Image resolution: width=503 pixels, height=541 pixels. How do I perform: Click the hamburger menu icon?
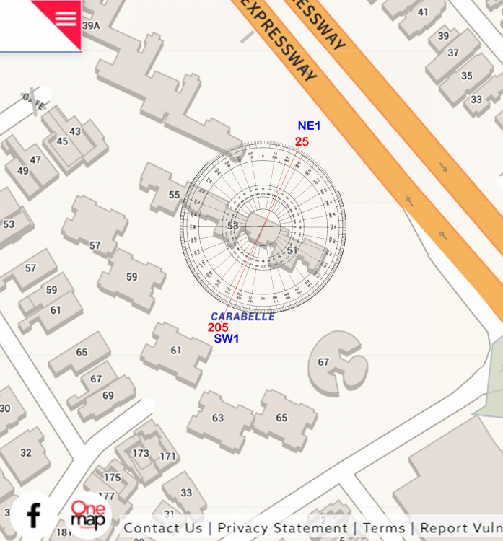point(65,18)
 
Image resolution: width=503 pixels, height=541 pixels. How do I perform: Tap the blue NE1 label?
point(309,126)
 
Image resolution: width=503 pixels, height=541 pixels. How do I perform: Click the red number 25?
point(302,142)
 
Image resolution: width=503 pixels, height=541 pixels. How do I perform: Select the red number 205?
point(218,327)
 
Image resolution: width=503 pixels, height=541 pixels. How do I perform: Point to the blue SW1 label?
point(227,339)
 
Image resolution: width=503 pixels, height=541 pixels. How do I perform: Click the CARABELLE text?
point(242,316)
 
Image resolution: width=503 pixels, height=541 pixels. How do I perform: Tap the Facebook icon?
point(33,515)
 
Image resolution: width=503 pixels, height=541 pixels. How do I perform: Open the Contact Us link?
point(162,528)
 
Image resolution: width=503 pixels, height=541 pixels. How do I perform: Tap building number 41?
point(422,12)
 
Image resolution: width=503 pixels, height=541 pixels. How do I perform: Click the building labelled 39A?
point(91,25)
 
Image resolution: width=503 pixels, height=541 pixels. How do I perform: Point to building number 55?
point(174,195)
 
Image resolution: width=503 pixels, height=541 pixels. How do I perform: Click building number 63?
point(218,418)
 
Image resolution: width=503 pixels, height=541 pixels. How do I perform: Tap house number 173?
point(141,453)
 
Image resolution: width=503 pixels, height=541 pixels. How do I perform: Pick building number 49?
point(23,171)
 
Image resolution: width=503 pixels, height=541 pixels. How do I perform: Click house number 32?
point(25,453)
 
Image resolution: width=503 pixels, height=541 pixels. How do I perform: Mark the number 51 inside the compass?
point(292,250)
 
